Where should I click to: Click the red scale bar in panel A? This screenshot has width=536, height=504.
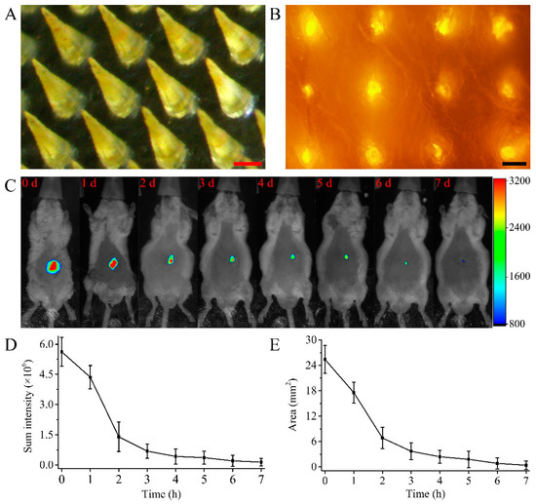249,152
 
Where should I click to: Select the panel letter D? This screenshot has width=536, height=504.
8,344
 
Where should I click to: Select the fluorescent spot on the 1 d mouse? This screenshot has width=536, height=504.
113,263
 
